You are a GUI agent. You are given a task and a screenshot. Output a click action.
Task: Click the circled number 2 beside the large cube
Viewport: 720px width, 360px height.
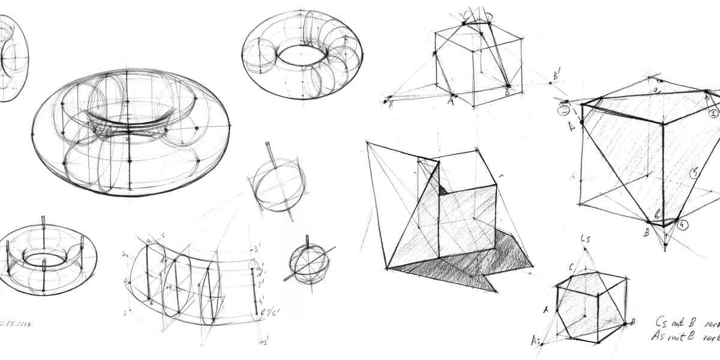coord(564,110)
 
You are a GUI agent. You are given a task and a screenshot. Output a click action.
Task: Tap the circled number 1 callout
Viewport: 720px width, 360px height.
coord(713,112)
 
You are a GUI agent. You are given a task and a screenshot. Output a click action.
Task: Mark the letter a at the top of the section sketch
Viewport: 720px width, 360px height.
coord(148,241)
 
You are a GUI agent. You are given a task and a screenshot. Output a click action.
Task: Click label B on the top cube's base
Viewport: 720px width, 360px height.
coord(507,93)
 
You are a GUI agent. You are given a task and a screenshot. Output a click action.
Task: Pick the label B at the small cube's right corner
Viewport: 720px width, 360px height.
coord(632,323)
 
